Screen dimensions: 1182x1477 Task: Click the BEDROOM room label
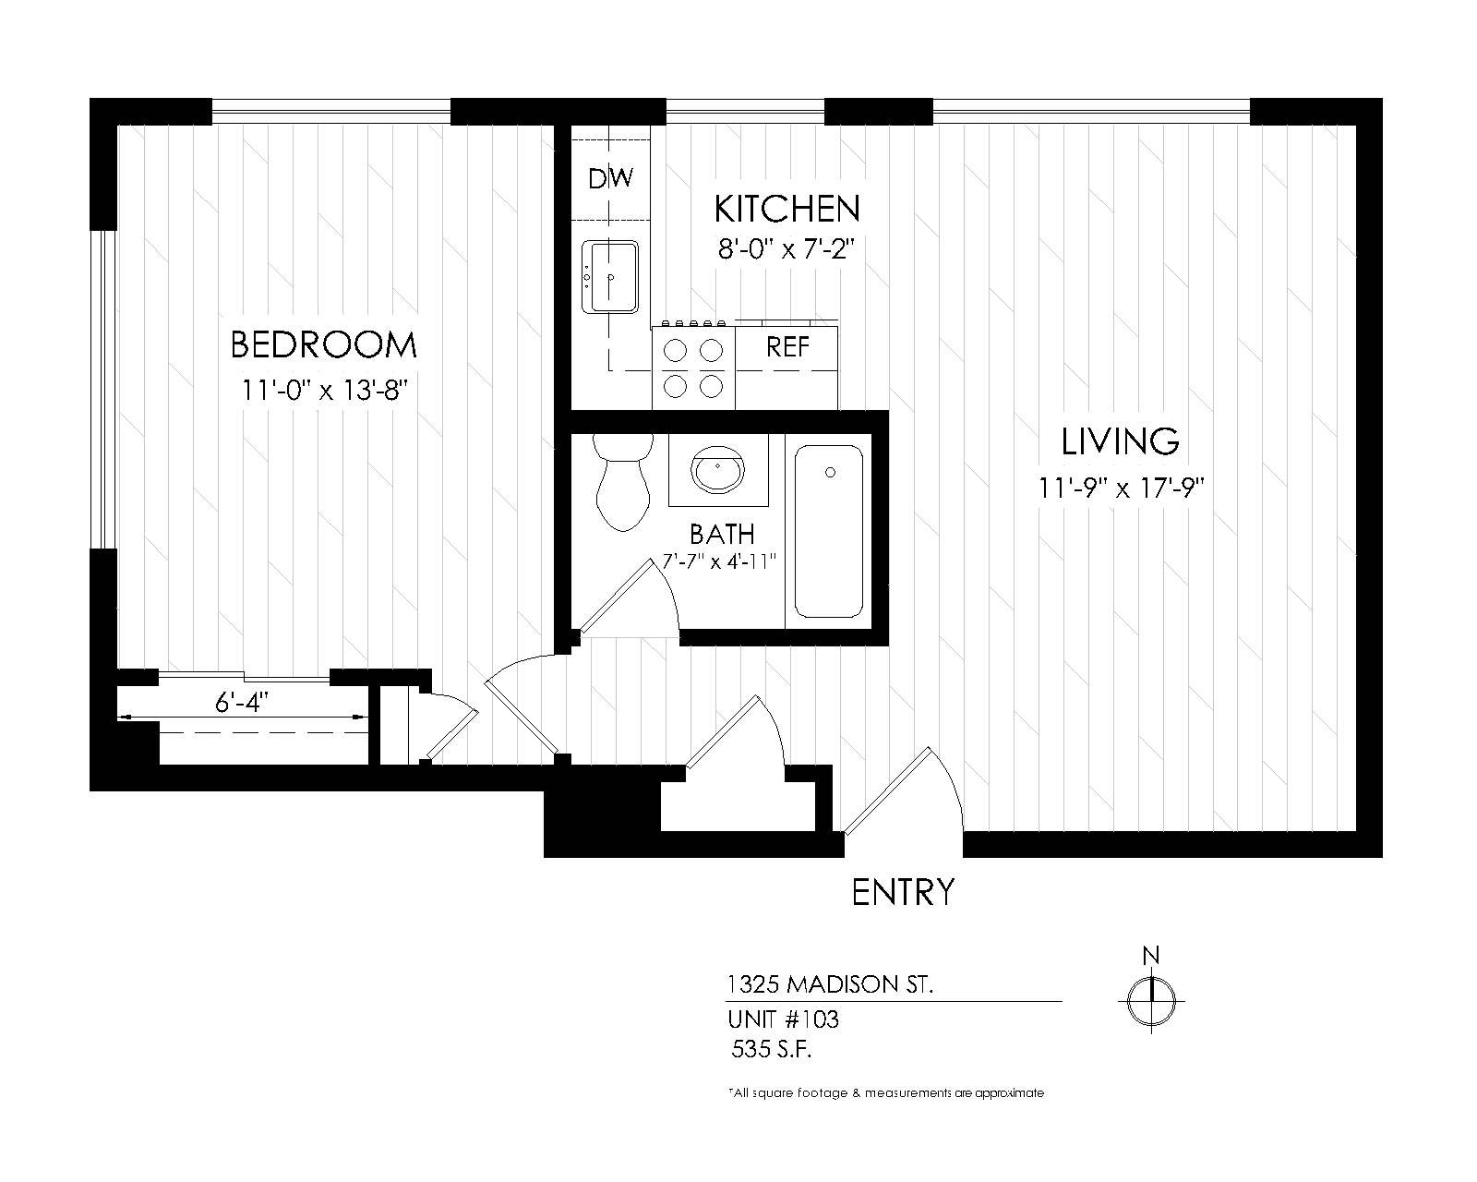pyautogui.click(x=323, y=345)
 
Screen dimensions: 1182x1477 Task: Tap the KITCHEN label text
pyautogui.click(x=787, y=209)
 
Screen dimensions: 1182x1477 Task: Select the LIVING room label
pyautogui.click(x=1120, y=441)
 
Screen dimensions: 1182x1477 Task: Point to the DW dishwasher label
pyautogui.click(x=610, y=177)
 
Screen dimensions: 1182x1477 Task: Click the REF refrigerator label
pyautogui.click(x=787, y=347)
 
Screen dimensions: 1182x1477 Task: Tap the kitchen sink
pyautogui.click(x=610, y=276)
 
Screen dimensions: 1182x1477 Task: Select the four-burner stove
pyautogui.click(x=693, y=368)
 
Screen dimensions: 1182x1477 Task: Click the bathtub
pyautogui.click(x=829, y=532)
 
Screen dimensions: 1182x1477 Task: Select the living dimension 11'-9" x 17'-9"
pyautogui.click(x=1120, y=488)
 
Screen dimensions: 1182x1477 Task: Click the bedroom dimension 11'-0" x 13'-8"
pyautogui.click(x=323, y=390)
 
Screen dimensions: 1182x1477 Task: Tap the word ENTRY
pyautogui.click(x=902, y=893)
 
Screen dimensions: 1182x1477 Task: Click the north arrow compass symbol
pyautogui.click(x=1151, y=997)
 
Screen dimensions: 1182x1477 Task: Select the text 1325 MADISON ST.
pyautogui.click(x=830, y=985)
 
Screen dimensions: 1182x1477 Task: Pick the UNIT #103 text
pyautogui.click(x=783, y=1019)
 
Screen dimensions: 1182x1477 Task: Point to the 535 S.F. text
pyautogui.click(x=771, y=1049)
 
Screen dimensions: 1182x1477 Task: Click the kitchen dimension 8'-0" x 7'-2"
pyautogui.click(x=787, y=249)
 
